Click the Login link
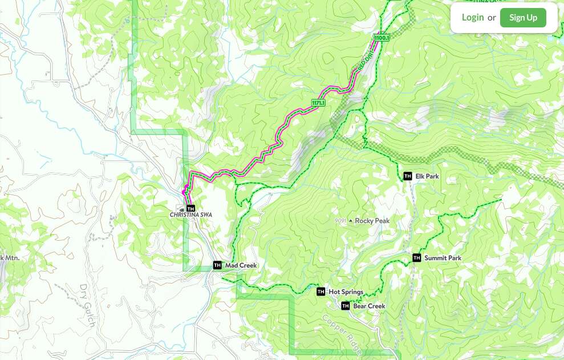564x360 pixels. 472,17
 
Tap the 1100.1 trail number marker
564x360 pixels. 382,38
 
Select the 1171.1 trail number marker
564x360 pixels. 318,103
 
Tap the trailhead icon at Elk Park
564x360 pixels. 407,176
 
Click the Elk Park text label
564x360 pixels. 427,176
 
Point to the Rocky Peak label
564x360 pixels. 372,221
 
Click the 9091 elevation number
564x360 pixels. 341,221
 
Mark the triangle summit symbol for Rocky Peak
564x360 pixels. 351,221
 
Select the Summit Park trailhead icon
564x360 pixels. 416,258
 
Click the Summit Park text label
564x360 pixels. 443,258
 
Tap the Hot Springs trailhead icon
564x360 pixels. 320,292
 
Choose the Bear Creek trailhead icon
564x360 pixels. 345,306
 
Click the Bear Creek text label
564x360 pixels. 369,306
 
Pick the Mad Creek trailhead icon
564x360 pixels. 217,265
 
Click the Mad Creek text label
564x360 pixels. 241,265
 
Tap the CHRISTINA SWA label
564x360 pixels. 190,215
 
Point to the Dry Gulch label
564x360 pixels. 87,305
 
